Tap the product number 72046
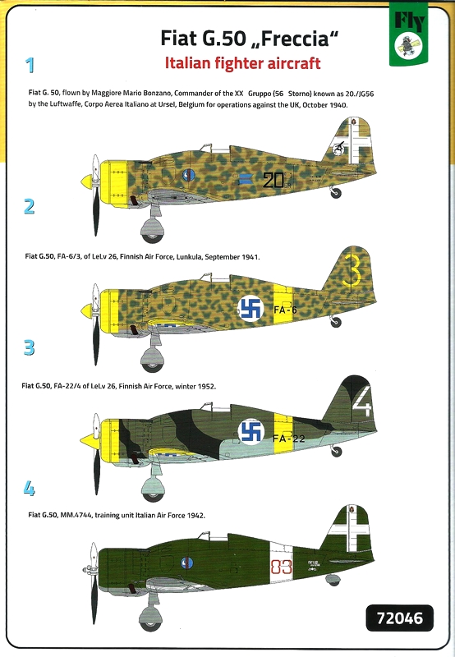(400, 618)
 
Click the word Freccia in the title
(293, 39)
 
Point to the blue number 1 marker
(30, 66)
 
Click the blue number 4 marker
(30, 489)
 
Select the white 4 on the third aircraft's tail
(362, 401)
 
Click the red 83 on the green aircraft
(281, 567)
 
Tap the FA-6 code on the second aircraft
(285, 310)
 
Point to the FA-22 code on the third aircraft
(288, 439)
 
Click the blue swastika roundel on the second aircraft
(251, 309)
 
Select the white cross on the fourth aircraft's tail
(349, 532)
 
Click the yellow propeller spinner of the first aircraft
(87, 181)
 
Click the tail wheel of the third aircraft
(336, 451)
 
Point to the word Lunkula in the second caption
(189, 257)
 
